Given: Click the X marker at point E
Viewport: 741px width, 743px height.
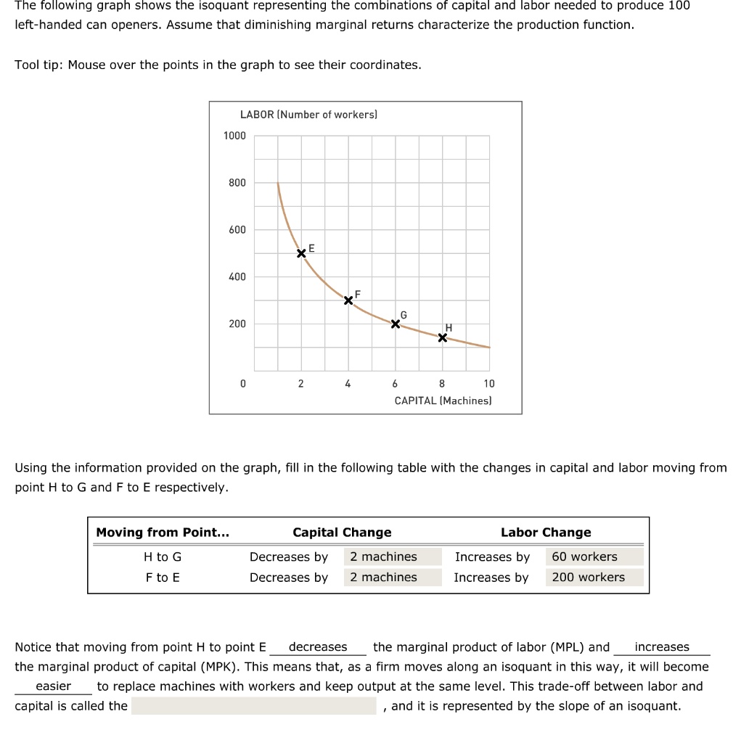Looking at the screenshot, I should pyautogui.click(x=301, y=253).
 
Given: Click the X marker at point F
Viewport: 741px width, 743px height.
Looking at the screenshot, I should pyautogui.click(x=348, y=300).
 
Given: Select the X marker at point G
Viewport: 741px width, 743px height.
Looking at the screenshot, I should pyautogui.click(x=396, y=324).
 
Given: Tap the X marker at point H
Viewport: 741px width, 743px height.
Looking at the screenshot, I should pyautogui.click(x=443, y=338).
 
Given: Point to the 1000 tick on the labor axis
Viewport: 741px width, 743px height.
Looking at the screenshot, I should pyautogui.click(x=234, y=136).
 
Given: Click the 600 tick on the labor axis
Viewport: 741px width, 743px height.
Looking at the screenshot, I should pyautogui.click(x=237, y=230).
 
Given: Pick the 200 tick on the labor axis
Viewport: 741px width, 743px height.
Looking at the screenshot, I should pyautogui.click(x=237, y=324).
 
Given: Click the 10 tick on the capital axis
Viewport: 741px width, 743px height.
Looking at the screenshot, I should pyautogui.click(x=489, y=384).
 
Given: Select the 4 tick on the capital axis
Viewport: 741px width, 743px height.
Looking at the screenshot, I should pyautogui.click(x=348, y=384).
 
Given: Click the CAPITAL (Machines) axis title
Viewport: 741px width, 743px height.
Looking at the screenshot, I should pyautogui.click(x=443, y=401).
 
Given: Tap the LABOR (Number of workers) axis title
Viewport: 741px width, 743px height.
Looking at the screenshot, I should pyautogui.click(x=308, y=115).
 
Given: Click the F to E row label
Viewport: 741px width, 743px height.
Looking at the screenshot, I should pyautogui.click(x=163, y=577).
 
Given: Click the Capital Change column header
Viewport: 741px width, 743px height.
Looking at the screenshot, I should pyautogui.click(x=342, y=532).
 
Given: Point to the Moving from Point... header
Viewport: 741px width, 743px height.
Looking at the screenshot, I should pyautogui.click(x=163, y=532).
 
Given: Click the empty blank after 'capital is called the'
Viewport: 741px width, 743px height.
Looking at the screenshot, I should pyautogui.click(x=253, y=706).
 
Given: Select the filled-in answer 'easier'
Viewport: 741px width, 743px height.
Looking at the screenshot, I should pyautogui.click(x=54, y=686).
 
